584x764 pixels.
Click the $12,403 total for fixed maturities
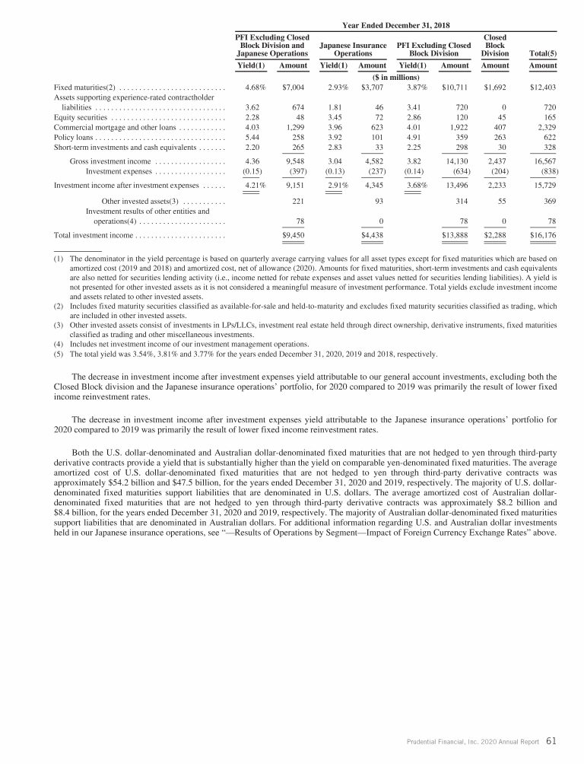point(542,88)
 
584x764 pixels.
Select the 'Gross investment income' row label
point(110,161)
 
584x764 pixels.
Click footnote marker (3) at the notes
point(58,326)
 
